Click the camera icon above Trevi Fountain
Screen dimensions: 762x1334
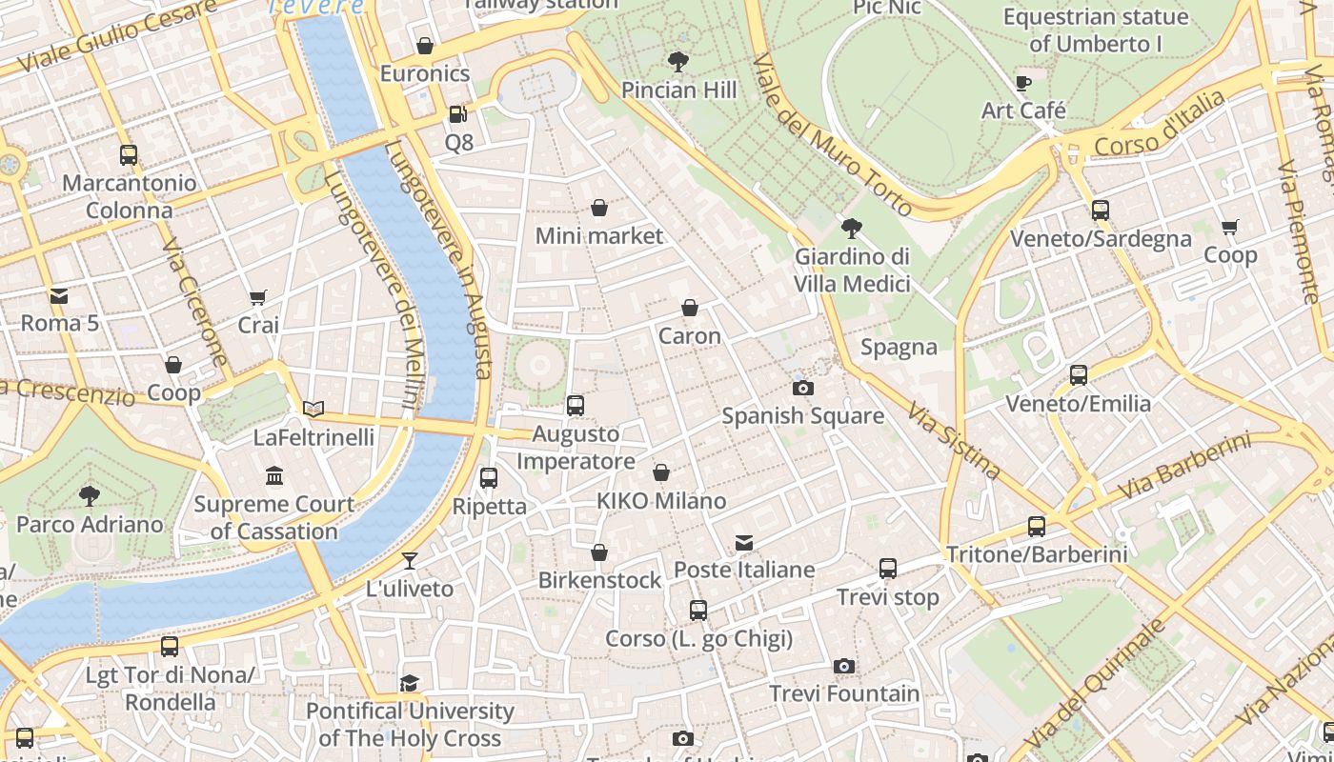coord(843,667)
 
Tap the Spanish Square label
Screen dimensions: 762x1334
coord(802,416)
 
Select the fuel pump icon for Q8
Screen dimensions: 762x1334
coord(457,114)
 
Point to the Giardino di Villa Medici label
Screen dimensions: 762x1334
coord(852,270)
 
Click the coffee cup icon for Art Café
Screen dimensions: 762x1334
coord(1023,83)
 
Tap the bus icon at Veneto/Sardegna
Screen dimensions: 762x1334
coord(1101,211)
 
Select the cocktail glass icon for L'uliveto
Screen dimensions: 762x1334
coord(410,561)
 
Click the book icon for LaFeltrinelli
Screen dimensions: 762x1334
coord(313,410)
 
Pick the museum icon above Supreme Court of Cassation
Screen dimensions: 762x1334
coord(274,475)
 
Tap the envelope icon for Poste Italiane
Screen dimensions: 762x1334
coord(744,542)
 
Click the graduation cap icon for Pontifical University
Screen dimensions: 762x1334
coord(410,683)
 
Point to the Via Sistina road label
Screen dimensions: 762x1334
coord(953,439)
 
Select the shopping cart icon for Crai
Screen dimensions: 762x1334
coord(258,298)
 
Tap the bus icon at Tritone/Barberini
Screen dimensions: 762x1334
coord(1037,526)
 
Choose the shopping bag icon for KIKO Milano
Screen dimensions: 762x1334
coord(661,472)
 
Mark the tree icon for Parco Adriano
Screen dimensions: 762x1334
coord(90,495)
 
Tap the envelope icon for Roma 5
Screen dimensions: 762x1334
coord(59,295)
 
